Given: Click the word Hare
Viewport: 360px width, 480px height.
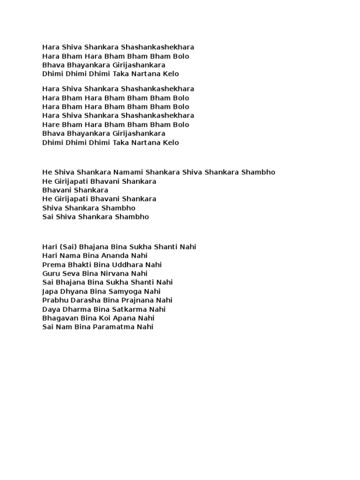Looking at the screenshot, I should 50,125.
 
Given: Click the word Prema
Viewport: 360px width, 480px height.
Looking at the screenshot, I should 52,264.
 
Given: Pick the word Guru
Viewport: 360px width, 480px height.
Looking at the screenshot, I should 51,273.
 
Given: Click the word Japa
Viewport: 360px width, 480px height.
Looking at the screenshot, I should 50,291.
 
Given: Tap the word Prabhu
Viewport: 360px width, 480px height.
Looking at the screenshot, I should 54,300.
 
